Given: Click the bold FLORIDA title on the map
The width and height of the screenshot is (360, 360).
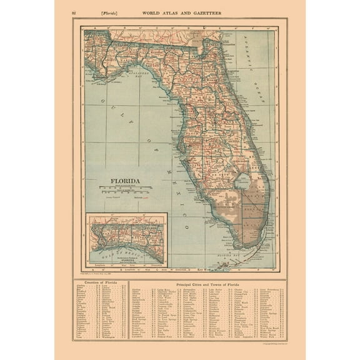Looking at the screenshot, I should click(x=125, y=182).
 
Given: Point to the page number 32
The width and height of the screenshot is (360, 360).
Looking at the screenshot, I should click(x=74, y=11).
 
